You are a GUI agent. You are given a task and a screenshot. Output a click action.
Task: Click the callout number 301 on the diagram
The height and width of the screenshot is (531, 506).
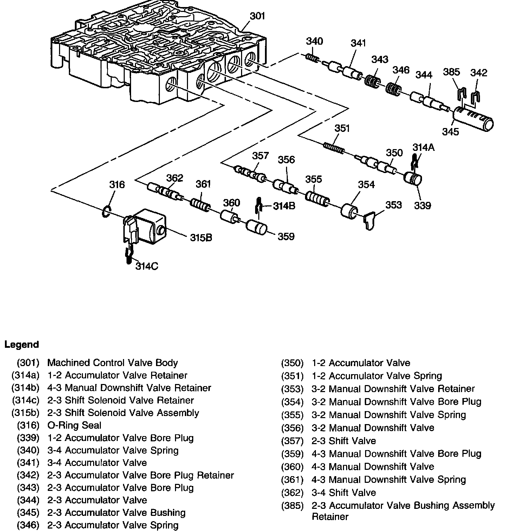tap(257, 16)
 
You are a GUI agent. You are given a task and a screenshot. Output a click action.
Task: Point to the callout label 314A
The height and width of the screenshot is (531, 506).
tap(423, 147)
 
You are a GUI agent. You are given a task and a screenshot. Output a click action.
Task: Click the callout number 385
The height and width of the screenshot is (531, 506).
tap(451, 72)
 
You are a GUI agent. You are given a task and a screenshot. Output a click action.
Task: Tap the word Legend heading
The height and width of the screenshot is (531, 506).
tap(21, 345)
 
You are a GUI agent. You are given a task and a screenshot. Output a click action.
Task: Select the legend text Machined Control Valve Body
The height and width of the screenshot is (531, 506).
tap(112, 363)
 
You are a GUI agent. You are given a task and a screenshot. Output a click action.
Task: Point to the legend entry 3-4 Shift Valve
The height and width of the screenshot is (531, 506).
tap(343, 493)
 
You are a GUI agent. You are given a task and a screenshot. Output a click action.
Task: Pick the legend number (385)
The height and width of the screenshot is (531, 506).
tap(292, 506)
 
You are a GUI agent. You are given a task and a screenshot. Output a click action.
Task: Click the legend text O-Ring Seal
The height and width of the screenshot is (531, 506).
tap(74, 426)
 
